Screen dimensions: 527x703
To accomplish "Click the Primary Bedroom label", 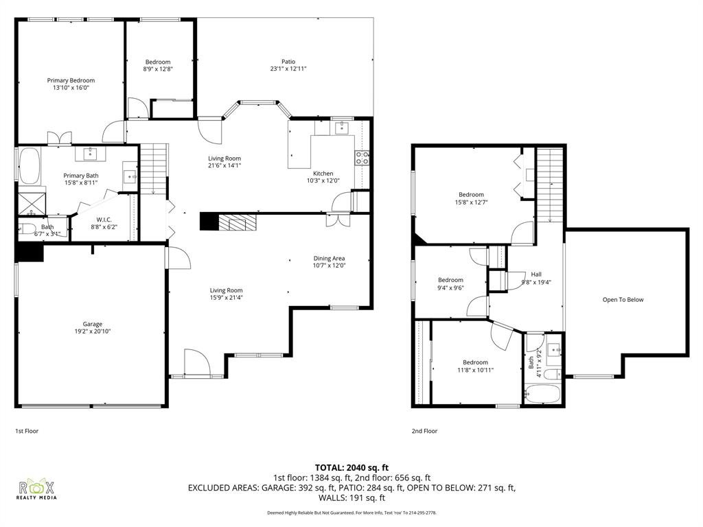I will [71, 80].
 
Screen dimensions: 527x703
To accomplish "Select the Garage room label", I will [93, 324].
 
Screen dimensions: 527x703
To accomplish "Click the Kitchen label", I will [323, 174].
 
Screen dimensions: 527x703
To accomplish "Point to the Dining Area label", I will [329, 259].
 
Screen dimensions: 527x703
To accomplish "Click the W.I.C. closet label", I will [104, 220].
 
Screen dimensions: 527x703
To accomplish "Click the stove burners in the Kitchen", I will [362, 158].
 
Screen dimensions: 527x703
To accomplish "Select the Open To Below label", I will [623, 299].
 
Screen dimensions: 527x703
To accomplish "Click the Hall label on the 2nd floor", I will [536, 274].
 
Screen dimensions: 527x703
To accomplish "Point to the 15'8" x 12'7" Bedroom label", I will [471, 195].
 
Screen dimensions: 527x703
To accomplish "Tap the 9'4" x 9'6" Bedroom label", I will [450, 280].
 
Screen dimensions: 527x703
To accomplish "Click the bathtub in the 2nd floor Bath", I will [542, 395].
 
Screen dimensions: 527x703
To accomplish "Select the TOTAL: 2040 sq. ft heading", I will [351, 467].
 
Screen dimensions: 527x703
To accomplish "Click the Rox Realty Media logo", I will [37, 489].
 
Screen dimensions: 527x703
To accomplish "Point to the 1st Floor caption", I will [27, 431].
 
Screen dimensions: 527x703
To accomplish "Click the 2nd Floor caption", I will [424, 431].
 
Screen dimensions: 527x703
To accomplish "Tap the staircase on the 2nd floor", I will [549, 185].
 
